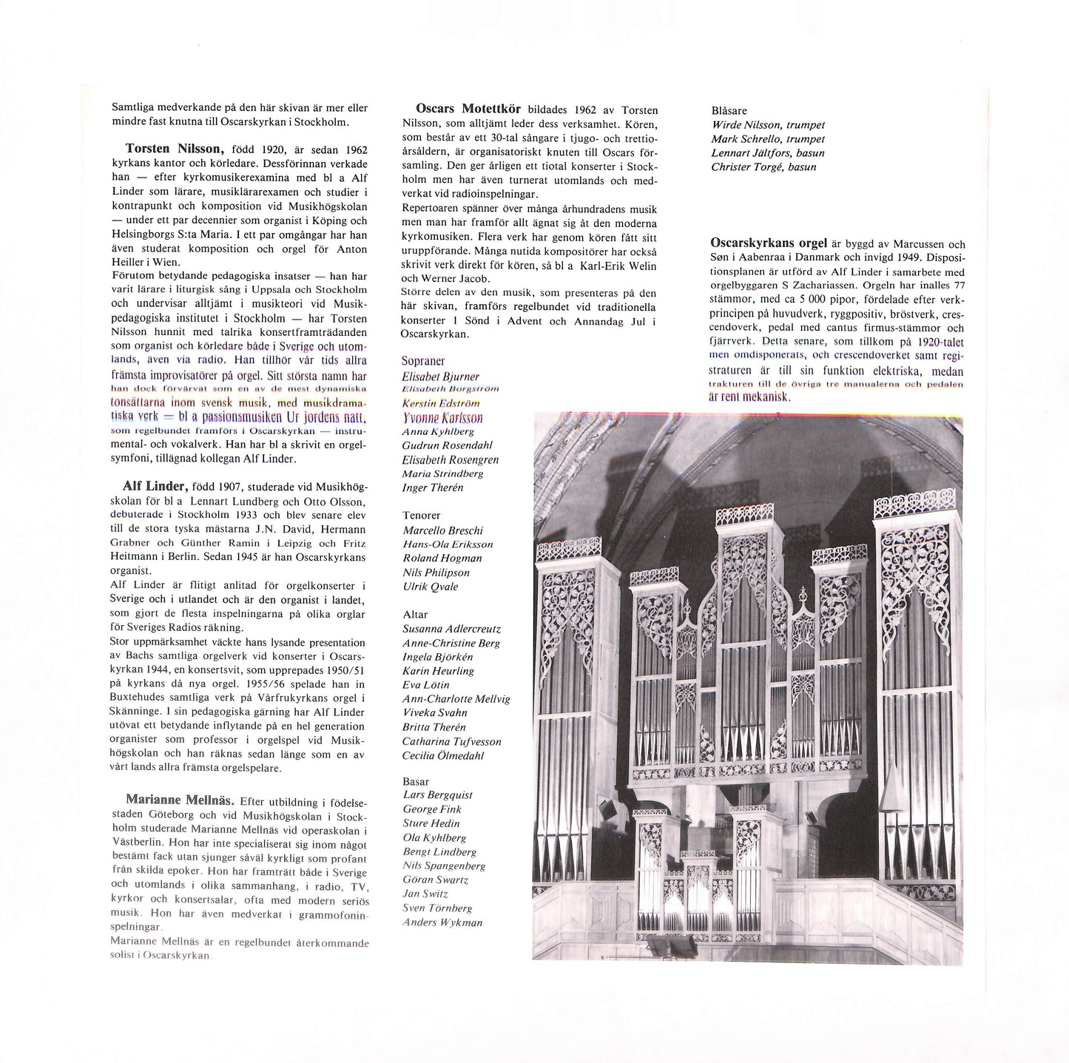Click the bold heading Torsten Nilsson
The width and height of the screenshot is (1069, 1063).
pyautogui.click(x=175, y=149)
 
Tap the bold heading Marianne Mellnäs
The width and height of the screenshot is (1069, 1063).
pyautogui.click(x=180, y=800)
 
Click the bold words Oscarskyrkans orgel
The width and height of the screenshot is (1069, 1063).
pyautogui.click(x=769, y=243)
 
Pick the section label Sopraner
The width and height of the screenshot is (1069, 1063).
pyautogui.click(x=423, y=361)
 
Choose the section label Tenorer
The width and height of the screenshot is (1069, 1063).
pyautogui.click(x=422, y=515)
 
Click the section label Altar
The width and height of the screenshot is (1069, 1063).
pyautogui.click(x=415, y=614)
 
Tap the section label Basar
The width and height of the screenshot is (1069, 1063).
pyautogui.click(x=416, y=781)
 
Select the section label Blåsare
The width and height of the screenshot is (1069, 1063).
pyautogui.click(x=729, y=111)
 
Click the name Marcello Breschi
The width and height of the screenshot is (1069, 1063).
pyautogui.click(x=442, y=530)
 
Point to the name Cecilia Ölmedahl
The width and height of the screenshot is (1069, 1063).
pyautogui.click(x=442, y=755)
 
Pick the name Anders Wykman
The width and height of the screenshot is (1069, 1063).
pyautogui.click(x=442, y=922)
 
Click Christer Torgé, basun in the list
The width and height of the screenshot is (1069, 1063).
pyautogui.click(x=763, y=167)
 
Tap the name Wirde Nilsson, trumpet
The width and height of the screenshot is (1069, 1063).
pyautogui.click(x=768, y=125)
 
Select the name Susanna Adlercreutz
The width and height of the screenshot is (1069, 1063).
pyautogui.click(x=451, y=629)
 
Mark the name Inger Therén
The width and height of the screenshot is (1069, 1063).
pyautogui.click(x=432, y=487)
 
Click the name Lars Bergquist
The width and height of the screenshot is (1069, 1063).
pyautogui.click(x=437, y=795)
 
